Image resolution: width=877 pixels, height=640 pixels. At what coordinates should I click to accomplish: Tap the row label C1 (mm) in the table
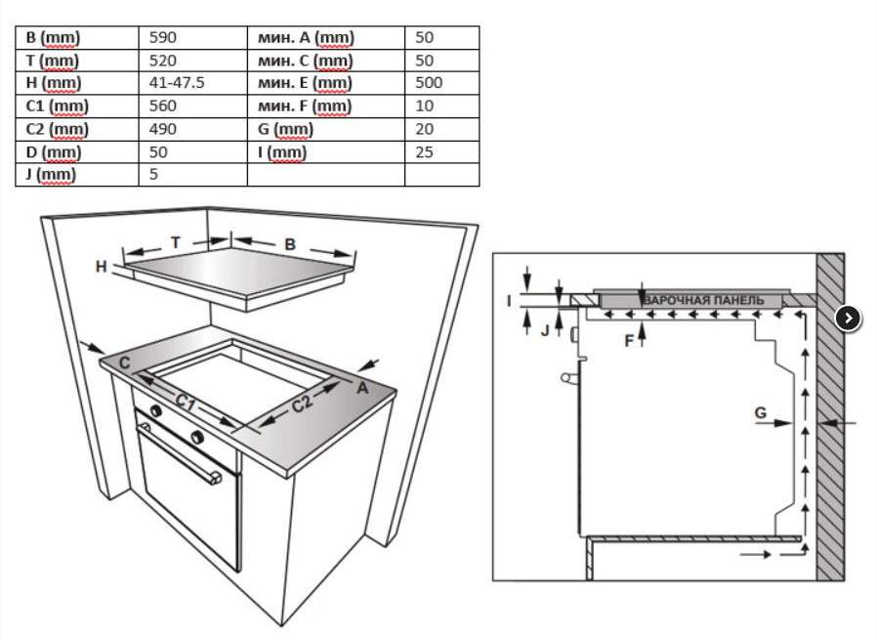(57, 106)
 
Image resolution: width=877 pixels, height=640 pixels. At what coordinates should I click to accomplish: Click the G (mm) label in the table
(285, 129)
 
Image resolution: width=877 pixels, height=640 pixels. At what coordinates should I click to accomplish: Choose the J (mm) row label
(51, 175)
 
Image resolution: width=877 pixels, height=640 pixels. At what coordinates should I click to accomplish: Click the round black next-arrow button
(848, 319)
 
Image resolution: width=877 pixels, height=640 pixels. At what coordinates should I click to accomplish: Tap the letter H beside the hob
(102, 267)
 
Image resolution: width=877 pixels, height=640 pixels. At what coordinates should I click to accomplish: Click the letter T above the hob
(176, 242)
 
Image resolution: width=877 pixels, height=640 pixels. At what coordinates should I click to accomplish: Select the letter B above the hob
(290, 244)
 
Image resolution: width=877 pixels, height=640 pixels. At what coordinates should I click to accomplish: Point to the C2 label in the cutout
(302, 404)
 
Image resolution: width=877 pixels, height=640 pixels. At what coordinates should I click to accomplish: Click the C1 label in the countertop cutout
(186, 402)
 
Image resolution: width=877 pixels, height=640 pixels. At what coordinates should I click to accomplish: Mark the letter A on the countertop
(362, 387)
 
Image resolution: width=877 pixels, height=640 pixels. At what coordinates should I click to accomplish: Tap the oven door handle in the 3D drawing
(180, 453)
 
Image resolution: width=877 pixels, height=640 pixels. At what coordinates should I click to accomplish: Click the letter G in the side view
(761, 413)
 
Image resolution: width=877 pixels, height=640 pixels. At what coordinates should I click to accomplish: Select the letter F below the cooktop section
(629, 341)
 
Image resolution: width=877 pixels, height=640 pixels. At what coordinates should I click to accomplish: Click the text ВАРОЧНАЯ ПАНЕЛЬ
(703, 300)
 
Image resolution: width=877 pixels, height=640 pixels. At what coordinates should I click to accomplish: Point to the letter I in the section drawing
(509, 301)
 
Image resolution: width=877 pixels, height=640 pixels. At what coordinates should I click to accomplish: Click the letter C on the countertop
(125, 363)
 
